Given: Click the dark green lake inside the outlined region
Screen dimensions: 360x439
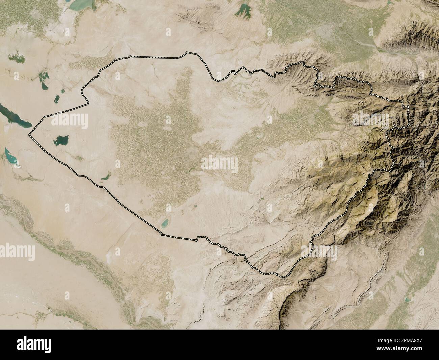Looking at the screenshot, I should pos(61,140).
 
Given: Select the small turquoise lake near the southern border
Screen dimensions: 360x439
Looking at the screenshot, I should pos(164,222).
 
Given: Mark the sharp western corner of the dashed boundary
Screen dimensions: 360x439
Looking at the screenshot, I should pos(29,136).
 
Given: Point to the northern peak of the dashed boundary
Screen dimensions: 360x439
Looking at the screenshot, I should pos(187,53).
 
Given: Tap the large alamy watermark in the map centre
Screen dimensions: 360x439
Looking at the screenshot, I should pos(219,164).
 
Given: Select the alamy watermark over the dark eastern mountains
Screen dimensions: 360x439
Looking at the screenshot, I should pos(372,118).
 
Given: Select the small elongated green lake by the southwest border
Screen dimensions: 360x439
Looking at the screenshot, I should pos(105,175).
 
